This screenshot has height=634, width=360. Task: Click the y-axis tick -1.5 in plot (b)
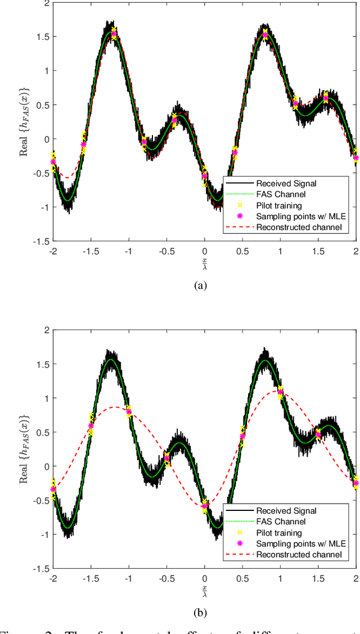pos(40,569)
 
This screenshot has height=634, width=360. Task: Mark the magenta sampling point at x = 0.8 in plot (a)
pos(265,35)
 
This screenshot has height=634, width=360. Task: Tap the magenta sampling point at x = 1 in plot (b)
pos(280,388)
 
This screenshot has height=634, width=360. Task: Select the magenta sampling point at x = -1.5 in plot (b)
pos(91,426)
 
